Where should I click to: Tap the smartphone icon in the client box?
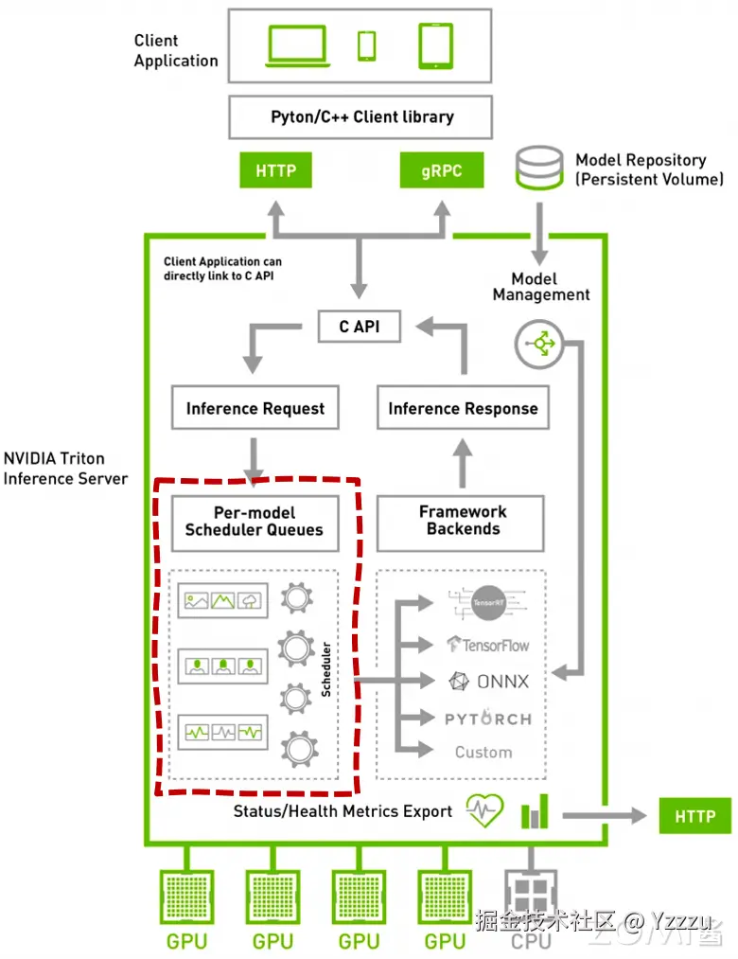pyautogui.click(x=366, y=44)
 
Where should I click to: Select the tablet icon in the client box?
pyautogui.click(x=436, y=44)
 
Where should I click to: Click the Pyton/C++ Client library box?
pyautogui.click(x=361, y=117)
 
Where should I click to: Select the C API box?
pyautogui.click(x=359, y=327)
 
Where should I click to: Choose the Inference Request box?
pyautogui.click(x=255, y=409)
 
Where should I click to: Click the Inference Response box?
pyautogui.click(x=463, y=409)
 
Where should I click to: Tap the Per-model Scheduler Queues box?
pyautogui.click(x=255, y=522)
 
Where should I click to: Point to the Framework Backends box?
pyautogui.click(x=463, y=521)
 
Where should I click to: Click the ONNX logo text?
pyautogui.click(x=489, y=682)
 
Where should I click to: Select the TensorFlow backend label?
pyautogui.click(x=488, y=646)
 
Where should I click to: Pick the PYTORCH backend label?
pyautogui.click(x=488, y=719)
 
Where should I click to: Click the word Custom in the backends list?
pyautogui.click(x=483, y=753)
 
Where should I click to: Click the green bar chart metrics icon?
pyautogui.click(x=535, y=812)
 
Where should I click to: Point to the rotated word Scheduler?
pyautogui.click(x=326, y=670)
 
